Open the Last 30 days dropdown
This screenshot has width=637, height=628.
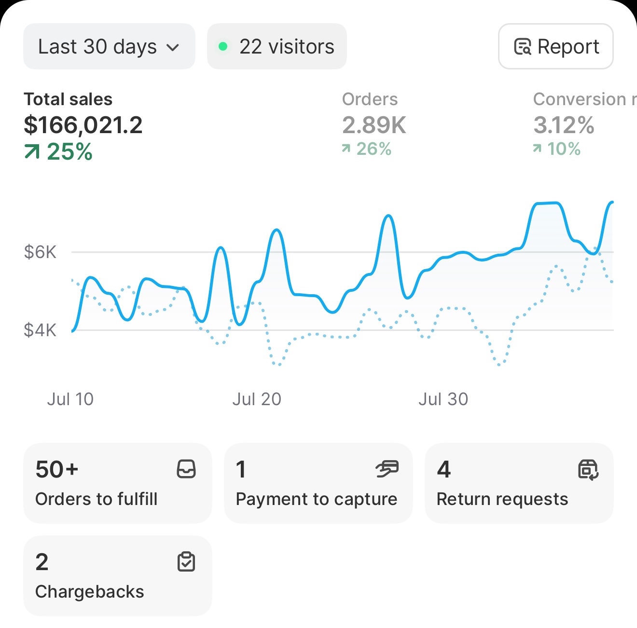[109, 47]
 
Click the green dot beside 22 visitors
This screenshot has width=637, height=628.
[223, 47]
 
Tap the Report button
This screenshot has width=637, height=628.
[555, 47]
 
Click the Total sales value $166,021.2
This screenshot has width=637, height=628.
[83, 125]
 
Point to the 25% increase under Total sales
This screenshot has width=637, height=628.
[58, 152]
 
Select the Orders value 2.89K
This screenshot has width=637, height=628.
[374, 125]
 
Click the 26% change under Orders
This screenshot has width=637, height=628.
[367, 149]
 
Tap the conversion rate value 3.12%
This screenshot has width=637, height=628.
[564, 125]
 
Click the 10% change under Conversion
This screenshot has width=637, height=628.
[557, 149]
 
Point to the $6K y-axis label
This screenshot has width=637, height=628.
[40, 252]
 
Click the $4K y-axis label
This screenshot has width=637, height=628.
[40, 330]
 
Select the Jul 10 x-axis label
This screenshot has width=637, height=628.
[70, 399]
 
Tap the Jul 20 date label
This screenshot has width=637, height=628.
[257, 399]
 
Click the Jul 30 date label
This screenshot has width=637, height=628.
[443, 399]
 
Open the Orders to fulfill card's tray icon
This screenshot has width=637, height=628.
[186, 469]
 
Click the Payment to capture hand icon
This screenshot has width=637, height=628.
[387, 469]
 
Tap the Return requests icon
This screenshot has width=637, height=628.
[588, 469]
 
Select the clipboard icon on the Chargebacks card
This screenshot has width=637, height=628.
[186, 562]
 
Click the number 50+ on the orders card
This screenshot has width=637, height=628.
[57, 469]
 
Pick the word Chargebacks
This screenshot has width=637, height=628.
[90, 592]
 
